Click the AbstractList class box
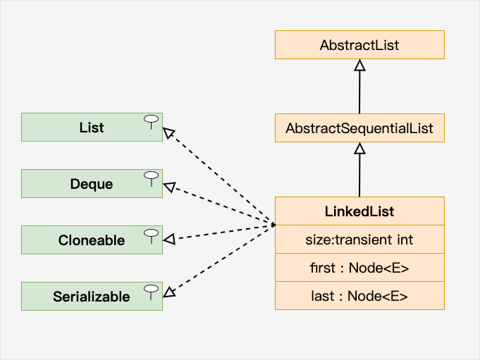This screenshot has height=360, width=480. (359, 45)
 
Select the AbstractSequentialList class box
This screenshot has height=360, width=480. (359, 129)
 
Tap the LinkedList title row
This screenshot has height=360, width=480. (359, 211)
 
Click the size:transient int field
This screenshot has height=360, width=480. (359, 240)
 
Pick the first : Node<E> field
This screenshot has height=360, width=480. (359, 268)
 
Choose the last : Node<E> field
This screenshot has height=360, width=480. (359, 296)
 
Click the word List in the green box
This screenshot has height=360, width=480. (92, 128)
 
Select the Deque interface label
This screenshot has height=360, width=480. (92, 184)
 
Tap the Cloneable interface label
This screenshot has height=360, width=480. (92, 240)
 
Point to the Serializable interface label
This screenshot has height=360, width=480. (92, 297)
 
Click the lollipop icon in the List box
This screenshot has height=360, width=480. (150, 120)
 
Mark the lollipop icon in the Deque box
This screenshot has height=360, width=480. (150, 177)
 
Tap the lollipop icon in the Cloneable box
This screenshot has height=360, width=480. (150, 233)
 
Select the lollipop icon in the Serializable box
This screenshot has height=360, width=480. (150, 290)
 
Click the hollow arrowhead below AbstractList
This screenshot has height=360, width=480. (359, 65)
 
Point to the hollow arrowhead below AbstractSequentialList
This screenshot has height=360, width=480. (359, 149)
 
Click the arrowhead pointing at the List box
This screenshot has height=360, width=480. (169, 132)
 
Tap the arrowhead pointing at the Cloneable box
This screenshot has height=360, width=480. (169, 240)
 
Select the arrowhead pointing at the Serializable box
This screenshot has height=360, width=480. (169, 290)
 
